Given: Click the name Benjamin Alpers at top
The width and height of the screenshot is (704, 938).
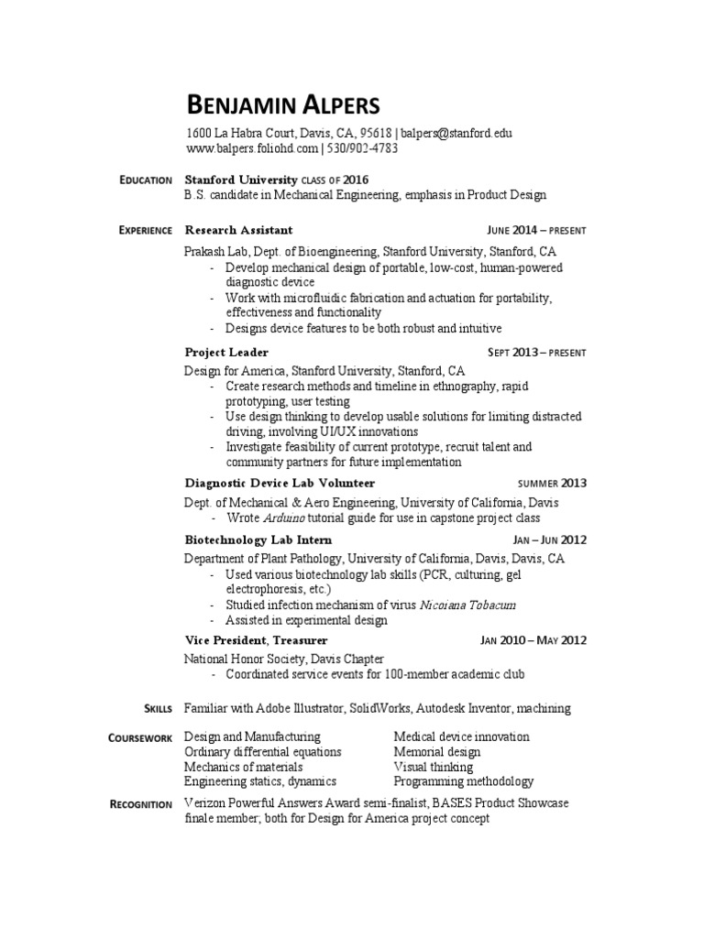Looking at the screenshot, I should pos(280,104).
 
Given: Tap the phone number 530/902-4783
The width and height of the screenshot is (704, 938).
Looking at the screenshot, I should pos(363,147).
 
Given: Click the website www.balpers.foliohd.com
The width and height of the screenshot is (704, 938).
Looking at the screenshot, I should pos(252,147).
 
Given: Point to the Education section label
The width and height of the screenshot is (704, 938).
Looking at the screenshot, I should pos(146,180).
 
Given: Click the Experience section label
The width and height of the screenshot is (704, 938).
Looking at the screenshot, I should pos(145,230).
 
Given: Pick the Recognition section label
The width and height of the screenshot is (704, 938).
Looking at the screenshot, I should pos(140,804).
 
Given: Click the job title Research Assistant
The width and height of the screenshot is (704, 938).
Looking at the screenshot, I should pos(238,230).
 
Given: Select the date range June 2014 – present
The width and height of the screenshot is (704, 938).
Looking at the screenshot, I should pos(536,230).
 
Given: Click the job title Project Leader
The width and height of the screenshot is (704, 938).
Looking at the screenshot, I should pos(226,352).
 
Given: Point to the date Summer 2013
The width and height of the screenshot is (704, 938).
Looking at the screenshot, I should pos(552,483).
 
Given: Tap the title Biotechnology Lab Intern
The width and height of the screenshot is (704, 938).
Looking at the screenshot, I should pos(258,540).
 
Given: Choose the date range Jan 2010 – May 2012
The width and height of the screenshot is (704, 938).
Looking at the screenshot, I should pos(533,640).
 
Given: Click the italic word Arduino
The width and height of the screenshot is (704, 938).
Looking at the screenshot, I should pos(283,517).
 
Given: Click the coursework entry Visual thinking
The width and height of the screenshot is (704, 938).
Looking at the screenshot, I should pos(434,767).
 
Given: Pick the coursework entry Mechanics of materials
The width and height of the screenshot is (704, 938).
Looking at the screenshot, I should pos(244,767).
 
